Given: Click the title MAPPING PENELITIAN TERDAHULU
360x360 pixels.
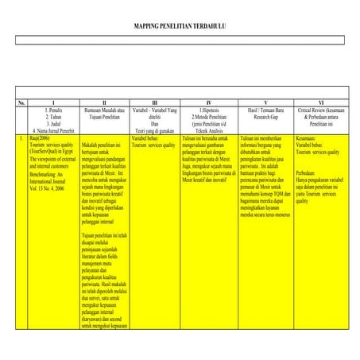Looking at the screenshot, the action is (x=180, y=26).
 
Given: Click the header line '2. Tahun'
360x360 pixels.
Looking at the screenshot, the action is (x=53, y=118).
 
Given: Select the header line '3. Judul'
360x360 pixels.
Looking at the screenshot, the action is (x=53, y=124).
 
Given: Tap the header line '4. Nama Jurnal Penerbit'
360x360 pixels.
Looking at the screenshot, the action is (x=53, y=130).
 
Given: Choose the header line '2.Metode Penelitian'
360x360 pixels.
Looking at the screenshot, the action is (x=209, y=118).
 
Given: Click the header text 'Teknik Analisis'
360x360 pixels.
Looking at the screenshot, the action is (x=209, y=130).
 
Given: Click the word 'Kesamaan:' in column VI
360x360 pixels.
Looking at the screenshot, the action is (x=306, y=138).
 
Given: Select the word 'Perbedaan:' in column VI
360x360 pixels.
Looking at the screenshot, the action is (x=308, y=172).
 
